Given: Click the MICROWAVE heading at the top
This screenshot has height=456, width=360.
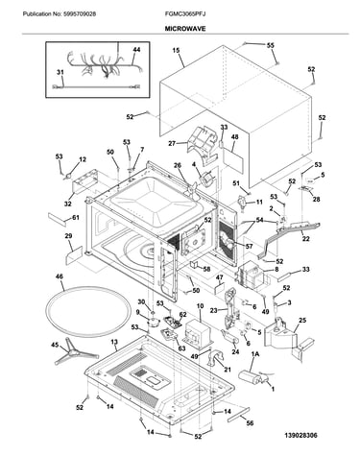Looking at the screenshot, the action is point(185,29).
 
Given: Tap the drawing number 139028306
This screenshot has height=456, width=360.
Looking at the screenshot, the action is point(301,435).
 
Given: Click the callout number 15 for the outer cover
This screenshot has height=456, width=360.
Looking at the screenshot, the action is point(176,50).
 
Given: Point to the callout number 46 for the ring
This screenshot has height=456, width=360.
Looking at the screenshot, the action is point(60,276).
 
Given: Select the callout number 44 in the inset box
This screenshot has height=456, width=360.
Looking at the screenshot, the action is point(136,50).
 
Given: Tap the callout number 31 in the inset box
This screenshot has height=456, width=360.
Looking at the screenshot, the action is point(60,73).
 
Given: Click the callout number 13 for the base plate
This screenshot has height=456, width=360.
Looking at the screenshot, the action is point(114,342).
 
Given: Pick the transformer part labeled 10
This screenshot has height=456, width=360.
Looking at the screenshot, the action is point(197,332).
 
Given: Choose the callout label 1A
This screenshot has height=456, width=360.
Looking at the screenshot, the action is point(255,354).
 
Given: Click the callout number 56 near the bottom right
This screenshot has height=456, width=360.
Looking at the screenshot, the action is point(250,423).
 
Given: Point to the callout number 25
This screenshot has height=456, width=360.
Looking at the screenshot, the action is point(302,320).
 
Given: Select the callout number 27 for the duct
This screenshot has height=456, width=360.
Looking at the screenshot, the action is point(172,144).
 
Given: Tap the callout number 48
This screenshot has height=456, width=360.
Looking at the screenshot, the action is point(234,137).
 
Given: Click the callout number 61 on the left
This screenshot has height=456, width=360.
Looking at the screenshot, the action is point(75,218).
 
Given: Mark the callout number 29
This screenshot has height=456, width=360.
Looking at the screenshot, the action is point(68,236).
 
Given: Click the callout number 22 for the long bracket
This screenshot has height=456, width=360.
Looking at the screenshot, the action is point(306,239).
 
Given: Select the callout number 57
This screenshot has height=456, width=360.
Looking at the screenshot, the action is point(249,246).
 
